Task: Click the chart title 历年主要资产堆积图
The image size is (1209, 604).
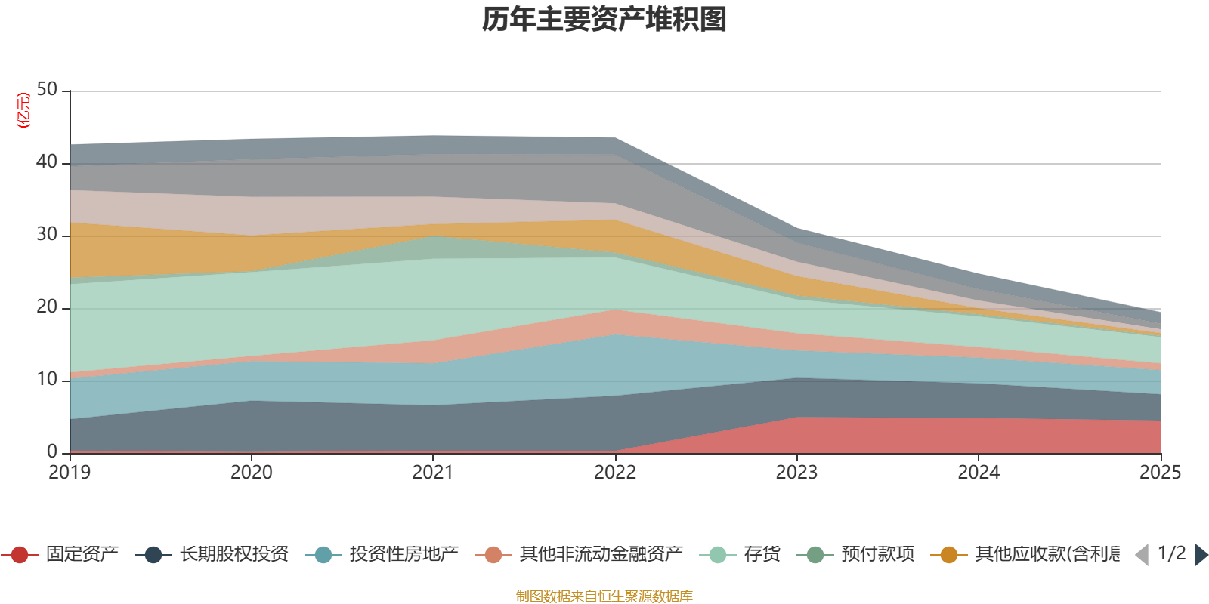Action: tap(604, 20)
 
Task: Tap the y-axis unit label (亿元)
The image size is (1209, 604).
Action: tap(24, 110)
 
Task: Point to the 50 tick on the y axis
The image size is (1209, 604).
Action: tap(47, 90)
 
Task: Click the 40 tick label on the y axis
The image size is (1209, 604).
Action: tap(47, 162)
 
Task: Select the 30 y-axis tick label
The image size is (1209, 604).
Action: tap(47, 235)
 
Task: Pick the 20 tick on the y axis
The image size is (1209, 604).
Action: tap(47, 307)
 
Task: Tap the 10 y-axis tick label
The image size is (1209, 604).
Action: tap(47, 380)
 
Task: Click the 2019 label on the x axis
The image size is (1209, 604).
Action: tap(70, 473)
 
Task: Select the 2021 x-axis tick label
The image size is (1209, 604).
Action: tap(433, 473)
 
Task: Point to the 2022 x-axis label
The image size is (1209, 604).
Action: tap(615, 473)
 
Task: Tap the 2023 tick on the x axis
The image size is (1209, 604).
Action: tap(796, 473)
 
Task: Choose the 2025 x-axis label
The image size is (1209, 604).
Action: tap(1160, 473)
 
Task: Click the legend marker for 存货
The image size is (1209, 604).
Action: tap(718, 555)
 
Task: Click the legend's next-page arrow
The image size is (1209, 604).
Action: tap(1201, 555)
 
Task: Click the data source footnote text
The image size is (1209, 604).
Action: tap(604, 596)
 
